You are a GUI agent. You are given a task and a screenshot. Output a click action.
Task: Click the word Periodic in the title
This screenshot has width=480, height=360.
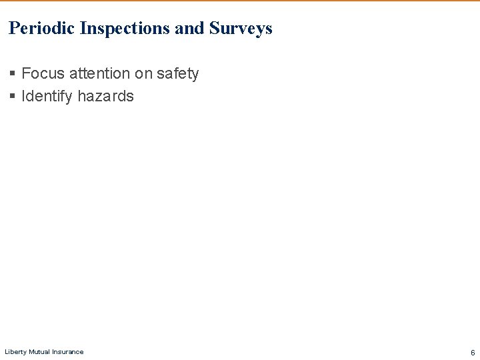[x=42, y=29]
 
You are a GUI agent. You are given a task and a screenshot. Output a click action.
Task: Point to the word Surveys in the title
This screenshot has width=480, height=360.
[x=241, y=29]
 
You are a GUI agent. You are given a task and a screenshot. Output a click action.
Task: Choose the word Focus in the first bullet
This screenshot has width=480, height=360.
[x=43, y=73]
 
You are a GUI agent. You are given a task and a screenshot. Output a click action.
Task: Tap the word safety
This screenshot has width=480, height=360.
[x=177, y=73]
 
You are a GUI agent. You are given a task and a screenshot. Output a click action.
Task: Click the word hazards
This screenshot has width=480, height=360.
[x=105, y=96]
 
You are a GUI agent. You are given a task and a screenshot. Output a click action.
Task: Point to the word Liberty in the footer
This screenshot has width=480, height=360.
[x=15, y=352]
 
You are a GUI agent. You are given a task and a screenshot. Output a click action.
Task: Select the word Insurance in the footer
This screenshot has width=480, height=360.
[x=69, y=352]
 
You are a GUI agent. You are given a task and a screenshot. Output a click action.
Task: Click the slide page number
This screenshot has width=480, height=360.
[x=472, y=352]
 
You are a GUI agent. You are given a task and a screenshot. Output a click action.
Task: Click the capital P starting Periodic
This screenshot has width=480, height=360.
[x=13, y=29]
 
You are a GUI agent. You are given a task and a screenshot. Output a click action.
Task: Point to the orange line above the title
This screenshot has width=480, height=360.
[x=240, y=1]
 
